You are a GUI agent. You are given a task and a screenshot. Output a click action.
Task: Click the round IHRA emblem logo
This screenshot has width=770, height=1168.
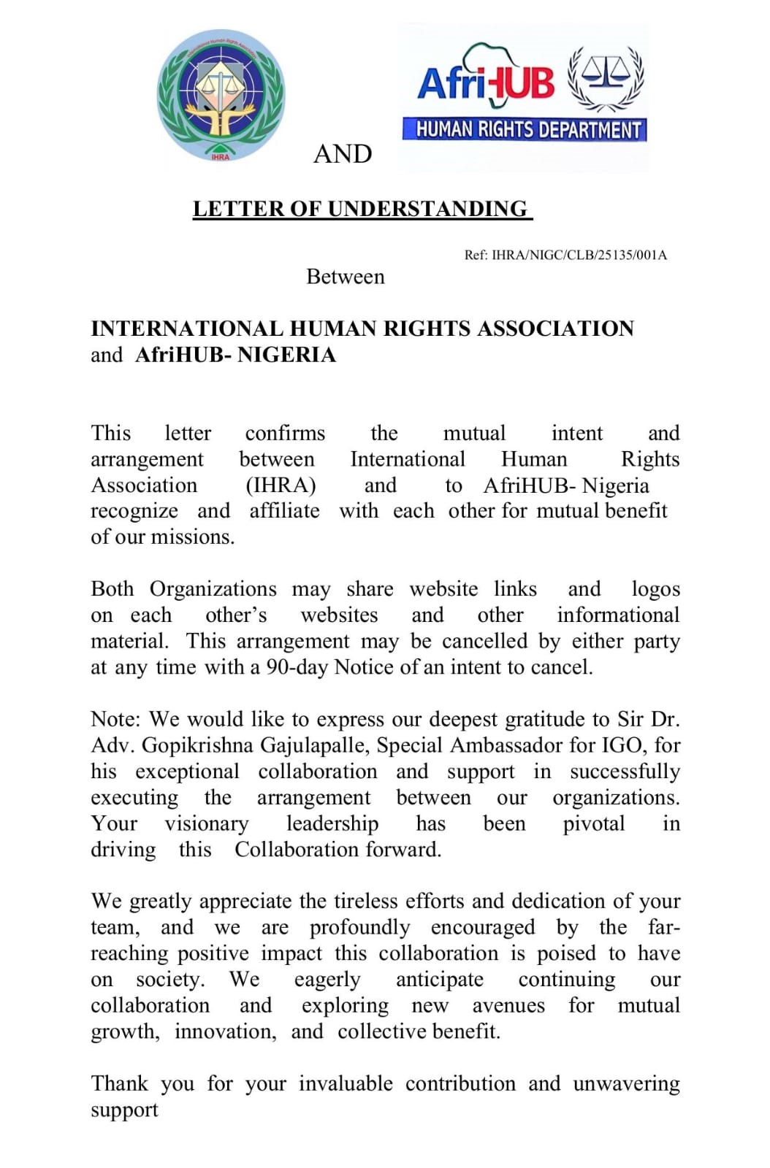(221, 96)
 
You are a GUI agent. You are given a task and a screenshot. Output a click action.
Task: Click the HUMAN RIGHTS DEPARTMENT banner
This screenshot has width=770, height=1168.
(525, 130)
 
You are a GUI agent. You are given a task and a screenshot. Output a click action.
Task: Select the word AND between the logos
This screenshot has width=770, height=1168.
(343, 154)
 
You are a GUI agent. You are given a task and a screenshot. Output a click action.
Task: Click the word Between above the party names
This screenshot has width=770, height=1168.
(345, 277)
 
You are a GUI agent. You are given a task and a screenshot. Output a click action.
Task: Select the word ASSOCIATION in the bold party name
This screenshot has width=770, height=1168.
(555, 328)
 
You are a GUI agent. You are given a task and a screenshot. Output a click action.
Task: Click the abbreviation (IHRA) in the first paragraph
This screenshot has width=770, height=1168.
(281, 485)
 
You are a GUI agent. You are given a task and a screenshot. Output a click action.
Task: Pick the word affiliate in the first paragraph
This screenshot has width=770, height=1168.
(284, 511)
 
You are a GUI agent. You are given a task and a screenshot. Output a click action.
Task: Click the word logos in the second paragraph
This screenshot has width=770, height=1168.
(655, 589)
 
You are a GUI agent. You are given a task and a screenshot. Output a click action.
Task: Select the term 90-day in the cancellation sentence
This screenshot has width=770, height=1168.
(297, 667)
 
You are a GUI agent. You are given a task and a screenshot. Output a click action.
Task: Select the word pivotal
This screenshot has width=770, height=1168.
(593, 823)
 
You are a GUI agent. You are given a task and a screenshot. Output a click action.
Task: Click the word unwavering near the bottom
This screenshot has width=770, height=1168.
(626, 1083)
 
